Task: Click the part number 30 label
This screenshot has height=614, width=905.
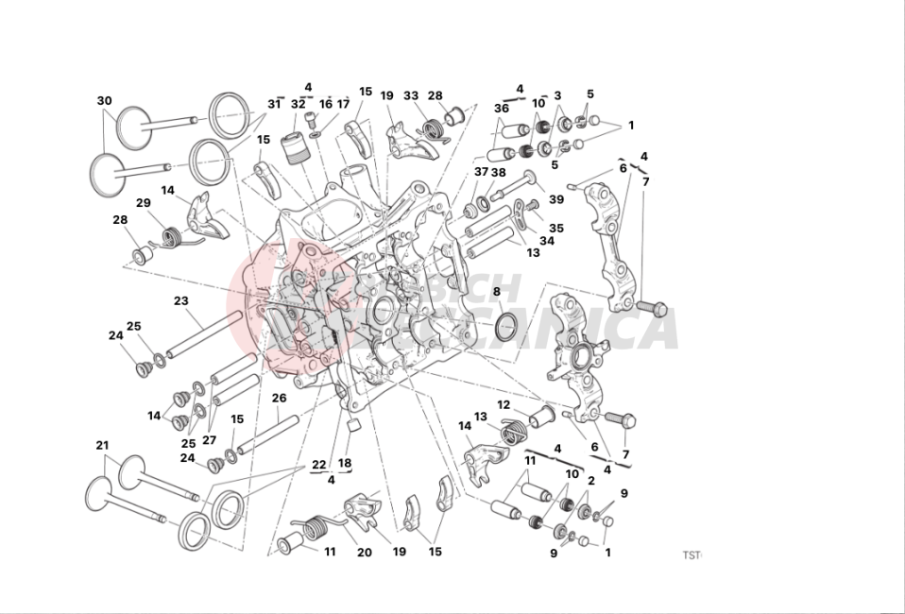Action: tap(104, 101)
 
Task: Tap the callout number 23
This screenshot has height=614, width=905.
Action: tap(180, 301)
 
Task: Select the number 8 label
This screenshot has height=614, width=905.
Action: tap(497, 292)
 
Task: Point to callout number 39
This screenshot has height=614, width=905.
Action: tap(556, 199)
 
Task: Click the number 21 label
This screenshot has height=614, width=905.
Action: tap(102, 445)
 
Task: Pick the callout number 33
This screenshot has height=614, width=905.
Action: tap(411, 96)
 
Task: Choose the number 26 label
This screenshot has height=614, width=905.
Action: tap(279, 398)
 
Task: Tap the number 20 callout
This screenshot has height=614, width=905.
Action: tap(365, 553)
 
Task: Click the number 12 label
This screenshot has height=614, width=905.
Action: tap(504, 405)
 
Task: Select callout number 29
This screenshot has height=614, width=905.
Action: tap(144, 203)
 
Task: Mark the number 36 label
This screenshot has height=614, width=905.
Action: tap(501, 109)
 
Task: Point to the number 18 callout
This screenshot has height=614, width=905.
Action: tap(345, 463)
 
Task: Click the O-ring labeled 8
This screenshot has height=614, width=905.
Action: tap(506, 327)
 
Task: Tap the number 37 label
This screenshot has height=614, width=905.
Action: tap(482, 172)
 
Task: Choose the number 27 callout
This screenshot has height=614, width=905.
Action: tap(209, 440)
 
